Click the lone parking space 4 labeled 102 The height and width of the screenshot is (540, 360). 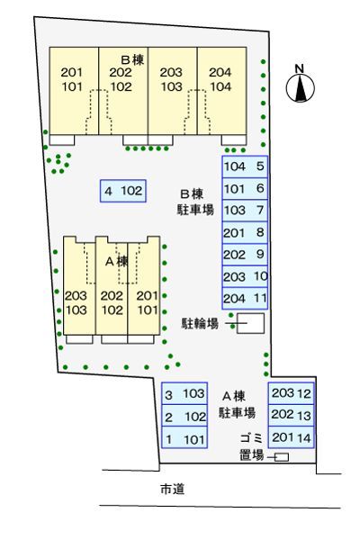[123, 191]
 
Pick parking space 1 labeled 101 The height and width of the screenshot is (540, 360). [184, 440]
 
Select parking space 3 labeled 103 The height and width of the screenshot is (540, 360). [184, 394]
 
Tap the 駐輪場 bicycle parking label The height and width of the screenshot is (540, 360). [200, 323]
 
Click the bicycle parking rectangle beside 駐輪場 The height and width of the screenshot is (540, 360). [251, 323]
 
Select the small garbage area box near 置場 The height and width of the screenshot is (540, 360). [282, 457]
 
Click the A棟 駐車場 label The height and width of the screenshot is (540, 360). [237, 404]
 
